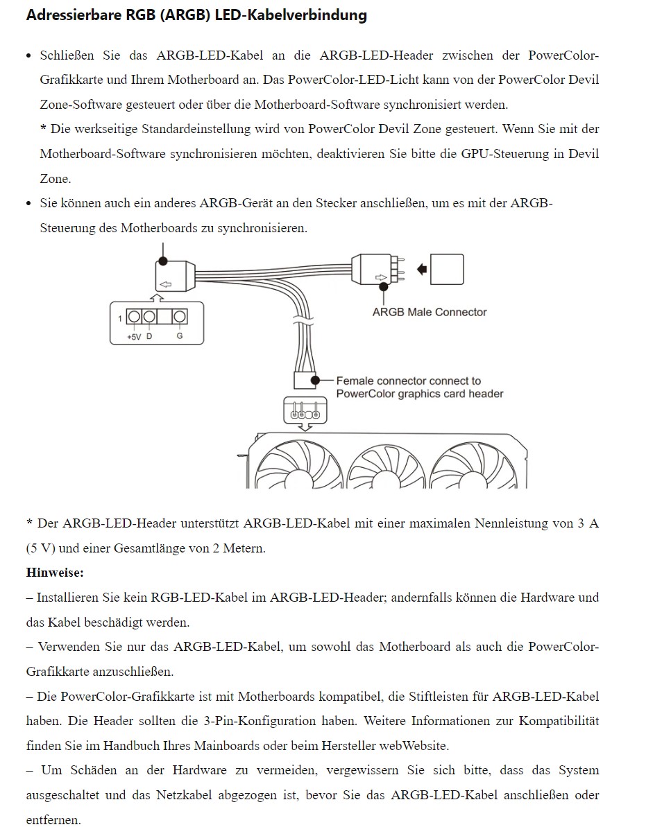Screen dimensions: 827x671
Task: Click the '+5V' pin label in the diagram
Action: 134,336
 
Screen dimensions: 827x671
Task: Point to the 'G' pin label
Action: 180,336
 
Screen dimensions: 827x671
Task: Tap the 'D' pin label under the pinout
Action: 149,336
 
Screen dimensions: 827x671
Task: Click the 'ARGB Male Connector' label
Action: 430,312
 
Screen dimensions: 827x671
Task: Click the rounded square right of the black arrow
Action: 447,269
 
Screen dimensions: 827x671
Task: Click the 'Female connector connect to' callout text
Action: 408,381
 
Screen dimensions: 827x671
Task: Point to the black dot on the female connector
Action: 315,381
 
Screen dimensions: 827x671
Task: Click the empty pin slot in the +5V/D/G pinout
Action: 164,317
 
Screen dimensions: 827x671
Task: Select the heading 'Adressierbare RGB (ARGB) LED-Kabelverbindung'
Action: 196,15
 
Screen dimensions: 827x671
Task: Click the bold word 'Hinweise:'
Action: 55,573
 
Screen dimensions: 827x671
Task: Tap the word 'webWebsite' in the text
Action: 414,746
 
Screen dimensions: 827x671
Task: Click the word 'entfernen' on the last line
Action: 53,820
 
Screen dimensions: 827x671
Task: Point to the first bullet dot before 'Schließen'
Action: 28,55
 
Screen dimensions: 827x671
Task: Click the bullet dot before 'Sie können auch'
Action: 28,204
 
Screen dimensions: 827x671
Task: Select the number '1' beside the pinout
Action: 120,318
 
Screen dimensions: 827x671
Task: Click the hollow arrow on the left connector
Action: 165,284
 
